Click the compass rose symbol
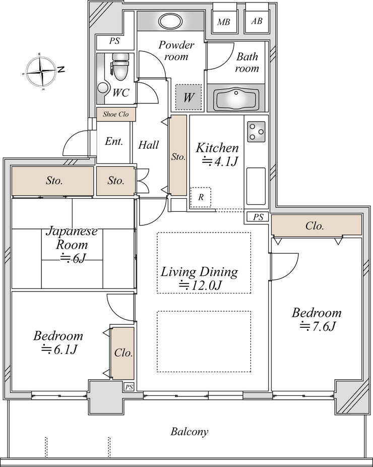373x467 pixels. click(41, 72)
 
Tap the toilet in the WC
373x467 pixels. click(119, 67)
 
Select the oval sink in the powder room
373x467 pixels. click(170, 21)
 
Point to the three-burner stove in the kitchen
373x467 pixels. click(256, 132)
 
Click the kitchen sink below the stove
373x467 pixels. click(256, 186)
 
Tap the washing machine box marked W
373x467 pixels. click(189, 97)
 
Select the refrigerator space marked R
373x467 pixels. click(201, 197)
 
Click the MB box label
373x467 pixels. click(223, 22)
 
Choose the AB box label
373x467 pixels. click(257, 21)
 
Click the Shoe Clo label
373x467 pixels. click(116, 114)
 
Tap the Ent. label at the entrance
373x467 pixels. click(114, 142)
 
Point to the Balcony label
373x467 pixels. click(190, 432)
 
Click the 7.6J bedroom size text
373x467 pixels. click(318, 327)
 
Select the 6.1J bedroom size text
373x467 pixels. click(59, 349)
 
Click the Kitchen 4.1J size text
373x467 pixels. click(220, 162)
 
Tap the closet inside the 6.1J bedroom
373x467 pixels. click(122, 353)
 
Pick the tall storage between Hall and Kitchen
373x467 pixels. click(178, 155)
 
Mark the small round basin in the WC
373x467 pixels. click(103, 88)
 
